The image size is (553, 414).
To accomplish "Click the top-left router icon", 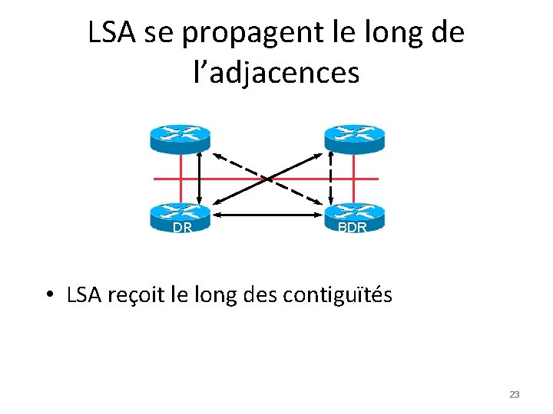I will [180, 137].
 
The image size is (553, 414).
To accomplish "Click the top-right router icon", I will [354, 137].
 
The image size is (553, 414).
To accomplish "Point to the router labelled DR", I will [180, 214].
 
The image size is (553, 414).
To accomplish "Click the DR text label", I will [182, 228].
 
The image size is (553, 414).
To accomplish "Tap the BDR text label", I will [353, 228].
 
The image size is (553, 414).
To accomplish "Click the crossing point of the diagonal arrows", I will [268, 179].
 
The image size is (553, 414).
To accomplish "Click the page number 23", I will [515, 394].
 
